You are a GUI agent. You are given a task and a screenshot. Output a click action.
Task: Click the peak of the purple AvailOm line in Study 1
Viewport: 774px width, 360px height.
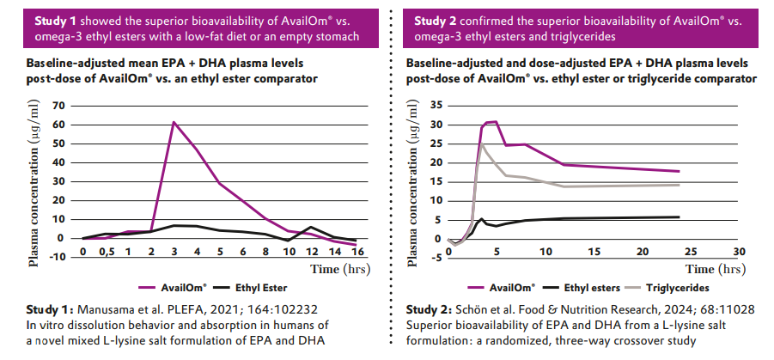pos(174,122)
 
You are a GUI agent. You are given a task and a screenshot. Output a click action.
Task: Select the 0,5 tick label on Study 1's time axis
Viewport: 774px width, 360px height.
pos(105,253)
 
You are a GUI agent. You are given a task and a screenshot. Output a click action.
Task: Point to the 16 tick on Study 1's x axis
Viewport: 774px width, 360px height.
pos(357,252)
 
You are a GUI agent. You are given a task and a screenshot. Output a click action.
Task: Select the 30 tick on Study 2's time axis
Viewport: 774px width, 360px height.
pos(739,253)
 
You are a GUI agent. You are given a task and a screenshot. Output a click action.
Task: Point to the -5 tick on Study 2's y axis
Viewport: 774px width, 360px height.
pos(436,259)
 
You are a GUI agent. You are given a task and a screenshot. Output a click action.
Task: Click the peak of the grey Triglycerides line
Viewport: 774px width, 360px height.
pos(482,144)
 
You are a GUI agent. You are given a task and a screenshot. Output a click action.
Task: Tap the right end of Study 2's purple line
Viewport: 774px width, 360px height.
pos(680,171)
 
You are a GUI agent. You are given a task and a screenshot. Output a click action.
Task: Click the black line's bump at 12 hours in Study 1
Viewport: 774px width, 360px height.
pos(311,227)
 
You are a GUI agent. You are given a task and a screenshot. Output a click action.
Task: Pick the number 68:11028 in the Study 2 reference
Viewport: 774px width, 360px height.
pos(733,309)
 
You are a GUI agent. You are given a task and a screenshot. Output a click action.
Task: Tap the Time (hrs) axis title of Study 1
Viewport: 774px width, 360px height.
pos(340,269)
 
